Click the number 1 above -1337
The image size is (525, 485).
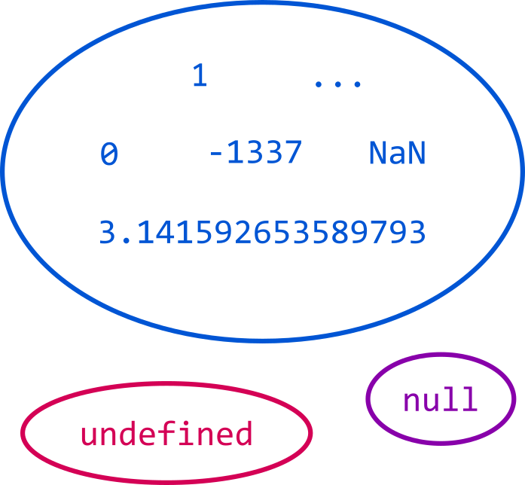tap(200, 75)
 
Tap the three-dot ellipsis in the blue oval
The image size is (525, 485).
tap(337, 84)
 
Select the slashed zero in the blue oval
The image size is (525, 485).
tap(109, 154)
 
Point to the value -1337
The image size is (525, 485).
tap(255, 153)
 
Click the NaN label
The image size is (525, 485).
tap(397, 153)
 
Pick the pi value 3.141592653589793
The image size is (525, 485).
tap(262, 232)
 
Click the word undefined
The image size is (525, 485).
tap(166, 433)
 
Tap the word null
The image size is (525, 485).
tap(441, 398)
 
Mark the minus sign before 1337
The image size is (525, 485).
tap(216, 154)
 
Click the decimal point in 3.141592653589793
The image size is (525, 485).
tap(127, 240)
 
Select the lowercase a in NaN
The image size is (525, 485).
tap(397, 156)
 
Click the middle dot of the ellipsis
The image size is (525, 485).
tap(337, 84)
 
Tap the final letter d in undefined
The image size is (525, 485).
tap(243, 433)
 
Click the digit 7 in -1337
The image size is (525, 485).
tap(293, 153)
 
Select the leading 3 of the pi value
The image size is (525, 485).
tap(107, 232)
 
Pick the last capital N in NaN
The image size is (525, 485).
tap(417, 153)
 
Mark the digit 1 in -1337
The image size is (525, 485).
tap(237, 153)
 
